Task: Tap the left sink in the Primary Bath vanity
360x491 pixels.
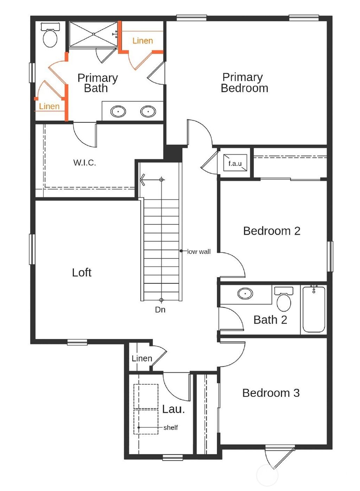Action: [x=118, y=112]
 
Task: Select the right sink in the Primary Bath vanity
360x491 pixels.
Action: [x=148, y=112]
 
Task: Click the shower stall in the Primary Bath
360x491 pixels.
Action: [x=93, y=34]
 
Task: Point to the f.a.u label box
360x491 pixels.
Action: [x=235, y=163]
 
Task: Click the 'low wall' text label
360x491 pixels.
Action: [x=199, y=251]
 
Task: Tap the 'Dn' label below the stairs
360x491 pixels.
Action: [x=160, y=309]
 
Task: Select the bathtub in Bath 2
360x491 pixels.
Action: [x=314, y=310]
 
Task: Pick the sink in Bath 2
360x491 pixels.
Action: [x=245, y=293]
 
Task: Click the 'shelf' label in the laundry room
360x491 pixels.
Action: [x=171, y=427]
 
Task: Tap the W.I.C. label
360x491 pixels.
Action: [x=84, y=163]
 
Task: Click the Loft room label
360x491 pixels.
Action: [x=82, y=273]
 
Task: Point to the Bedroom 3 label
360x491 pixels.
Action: [x=271, y=393]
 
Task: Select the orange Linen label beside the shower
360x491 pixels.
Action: [x=142, y=41]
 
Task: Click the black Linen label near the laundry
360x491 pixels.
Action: [x=142, y=359]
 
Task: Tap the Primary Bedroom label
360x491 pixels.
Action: [x=244, y=83]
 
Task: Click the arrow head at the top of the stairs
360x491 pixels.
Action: [x=142, y=179]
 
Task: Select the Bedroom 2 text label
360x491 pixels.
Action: [x=271, y=231]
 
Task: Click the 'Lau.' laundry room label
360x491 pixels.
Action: [x=173, y=409]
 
